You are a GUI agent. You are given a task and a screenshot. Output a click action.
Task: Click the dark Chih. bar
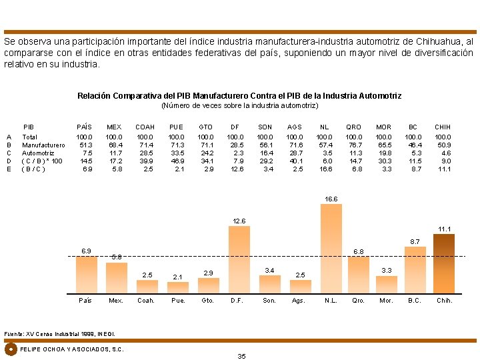(x=443, y=263)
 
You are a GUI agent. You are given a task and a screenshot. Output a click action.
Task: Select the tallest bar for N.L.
(x=331, y=248)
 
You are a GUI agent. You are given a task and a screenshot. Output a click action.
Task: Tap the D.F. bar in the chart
(x=239, y=259)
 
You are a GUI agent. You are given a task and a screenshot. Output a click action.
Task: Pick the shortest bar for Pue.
(x=177, y=287)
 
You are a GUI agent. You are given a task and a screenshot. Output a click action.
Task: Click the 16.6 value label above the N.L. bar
(x=331, y=199)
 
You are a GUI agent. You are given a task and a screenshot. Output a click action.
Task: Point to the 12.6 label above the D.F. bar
(x=239, y=221)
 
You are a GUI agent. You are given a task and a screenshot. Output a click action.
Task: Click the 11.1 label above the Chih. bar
(x=443, y=229)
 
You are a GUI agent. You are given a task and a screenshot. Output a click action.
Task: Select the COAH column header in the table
(x=145, y=127)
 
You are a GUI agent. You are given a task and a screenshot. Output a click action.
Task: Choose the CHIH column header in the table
(x=443, y=127)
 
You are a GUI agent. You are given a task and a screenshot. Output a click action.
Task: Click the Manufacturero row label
(x=43, y=145)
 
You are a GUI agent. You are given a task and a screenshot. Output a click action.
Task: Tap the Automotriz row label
(x=38, y=153)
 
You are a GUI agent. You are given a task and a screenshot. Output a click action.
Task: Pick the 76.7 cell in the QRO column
(x=353, y=145)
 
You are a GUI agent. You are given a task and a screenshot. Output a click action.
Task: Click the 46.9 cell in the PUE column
(x=177, y=161)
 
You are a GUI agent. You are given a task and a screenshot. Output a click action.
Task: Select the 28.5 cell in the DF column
(x=236, y=145)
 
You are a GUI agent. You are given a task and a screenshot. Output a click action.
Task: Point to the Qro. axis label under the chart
(x=358, y=301)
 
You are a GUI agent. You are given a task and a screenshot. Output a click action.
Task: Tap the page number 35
(x=241, y=356)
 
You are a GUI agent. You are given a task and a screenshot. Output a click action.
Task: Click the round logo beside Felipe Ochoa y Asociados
(x=11, y=349)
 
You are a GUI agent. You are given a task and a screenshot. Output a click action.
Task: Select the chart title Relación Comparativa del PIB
(x=239, y=96)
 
